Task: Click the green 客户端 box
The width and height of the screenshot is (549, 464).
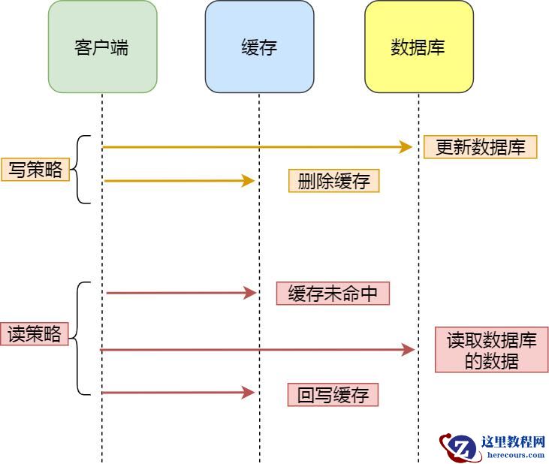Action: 102,47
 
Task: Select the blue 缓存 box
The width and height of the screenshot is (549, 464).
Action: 259,47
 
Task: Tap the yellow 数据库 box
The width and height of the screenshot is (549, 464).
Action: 418,47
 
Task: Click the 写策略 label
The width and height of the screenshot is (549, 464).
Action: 35,170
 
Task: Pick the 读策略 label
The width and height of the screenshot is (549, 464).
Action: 35,333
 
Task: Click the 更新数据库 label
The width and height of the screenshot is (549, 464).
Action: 480,147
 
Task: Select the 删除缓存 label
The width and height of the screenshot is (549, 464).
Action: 333,181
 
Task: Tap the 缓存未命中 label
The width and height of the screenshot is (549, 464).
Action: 333,294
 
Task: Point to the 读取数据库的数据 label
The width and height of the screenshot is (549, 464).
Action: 491,350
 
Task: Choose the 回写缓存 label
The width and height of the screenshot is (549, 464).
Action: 333,395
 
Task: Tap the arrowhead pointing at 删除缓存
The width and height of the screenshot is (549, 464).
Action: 249,181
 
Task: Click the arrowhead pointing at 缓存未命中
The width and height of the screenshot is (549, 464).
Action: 250,293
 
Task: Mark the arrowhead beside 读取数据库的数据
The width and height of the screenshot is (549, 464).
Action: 409,349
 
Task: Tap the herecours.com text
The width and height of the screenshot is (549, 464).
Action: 515,454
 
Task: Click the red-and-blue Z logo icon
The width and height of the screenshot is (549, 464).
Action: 460,447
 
